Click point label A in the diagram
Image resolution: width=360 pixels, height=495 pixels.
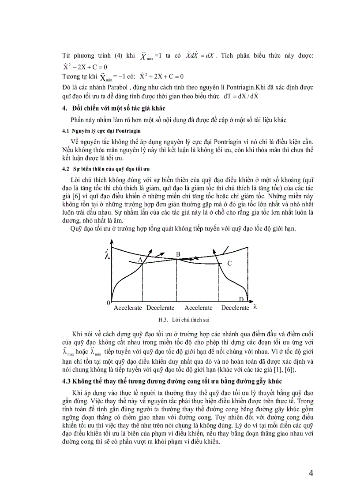pos(139,260)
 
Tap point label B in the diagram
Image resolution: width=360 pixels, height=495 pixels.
pos(178,254)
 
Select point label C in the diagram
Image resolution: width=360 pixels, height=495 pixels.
pos(229,263)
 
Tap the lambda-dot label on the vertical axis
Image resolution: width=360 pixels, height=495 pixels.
pos(107,255)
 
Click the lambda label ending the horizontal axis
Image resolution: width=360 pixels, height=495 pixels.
pos(255,307)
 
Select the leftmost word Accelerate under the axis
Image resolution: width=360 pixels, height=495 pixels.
pos(128,308)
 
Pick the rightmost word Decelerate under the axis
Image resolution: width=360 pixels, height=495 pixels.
pos(235,308)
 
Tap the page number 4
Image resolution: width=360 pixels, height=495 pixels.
pos(311,474)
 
